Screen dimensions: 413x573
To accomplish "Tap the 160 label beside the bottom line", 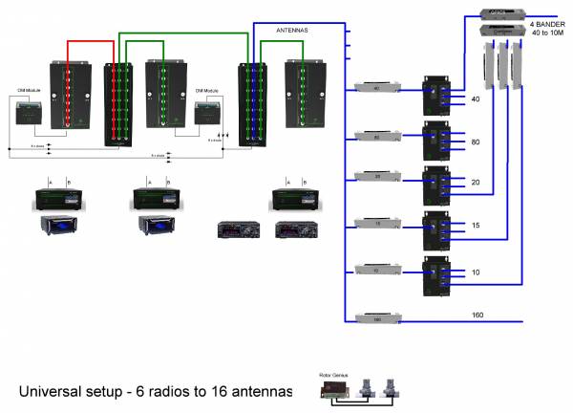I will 478,314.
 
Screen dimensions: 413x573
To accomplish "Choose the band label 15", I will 476,226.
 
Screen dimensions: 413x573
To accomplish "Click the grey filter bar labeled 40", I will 374,88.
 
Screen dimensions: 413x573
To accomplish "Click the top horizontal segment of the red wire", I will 91,41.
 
